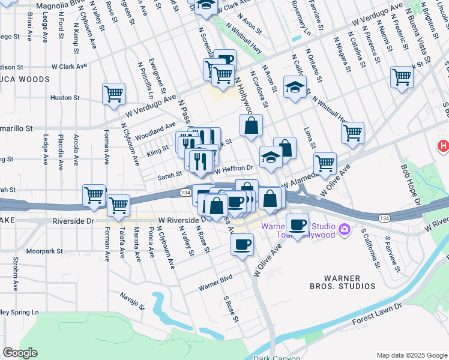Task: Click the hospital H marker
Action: click(443, 145)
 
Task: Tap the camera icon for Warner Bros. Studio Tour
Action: click(345, 229)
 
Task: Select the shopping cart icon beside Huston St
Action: click(113, 94)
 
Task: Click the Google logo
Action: click(20, 353)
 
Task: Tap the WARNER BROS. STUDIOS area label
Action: click(350, 283)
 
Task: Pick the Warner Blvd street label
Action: click(216, 281)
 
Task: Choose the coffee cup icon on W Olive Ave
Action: click(243, 245)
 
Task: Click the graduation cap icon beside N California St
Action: click(295, 87)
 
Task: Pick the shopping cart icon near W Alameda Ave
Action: click(324, 163)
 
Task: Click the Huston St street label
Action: click(64, 97)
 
